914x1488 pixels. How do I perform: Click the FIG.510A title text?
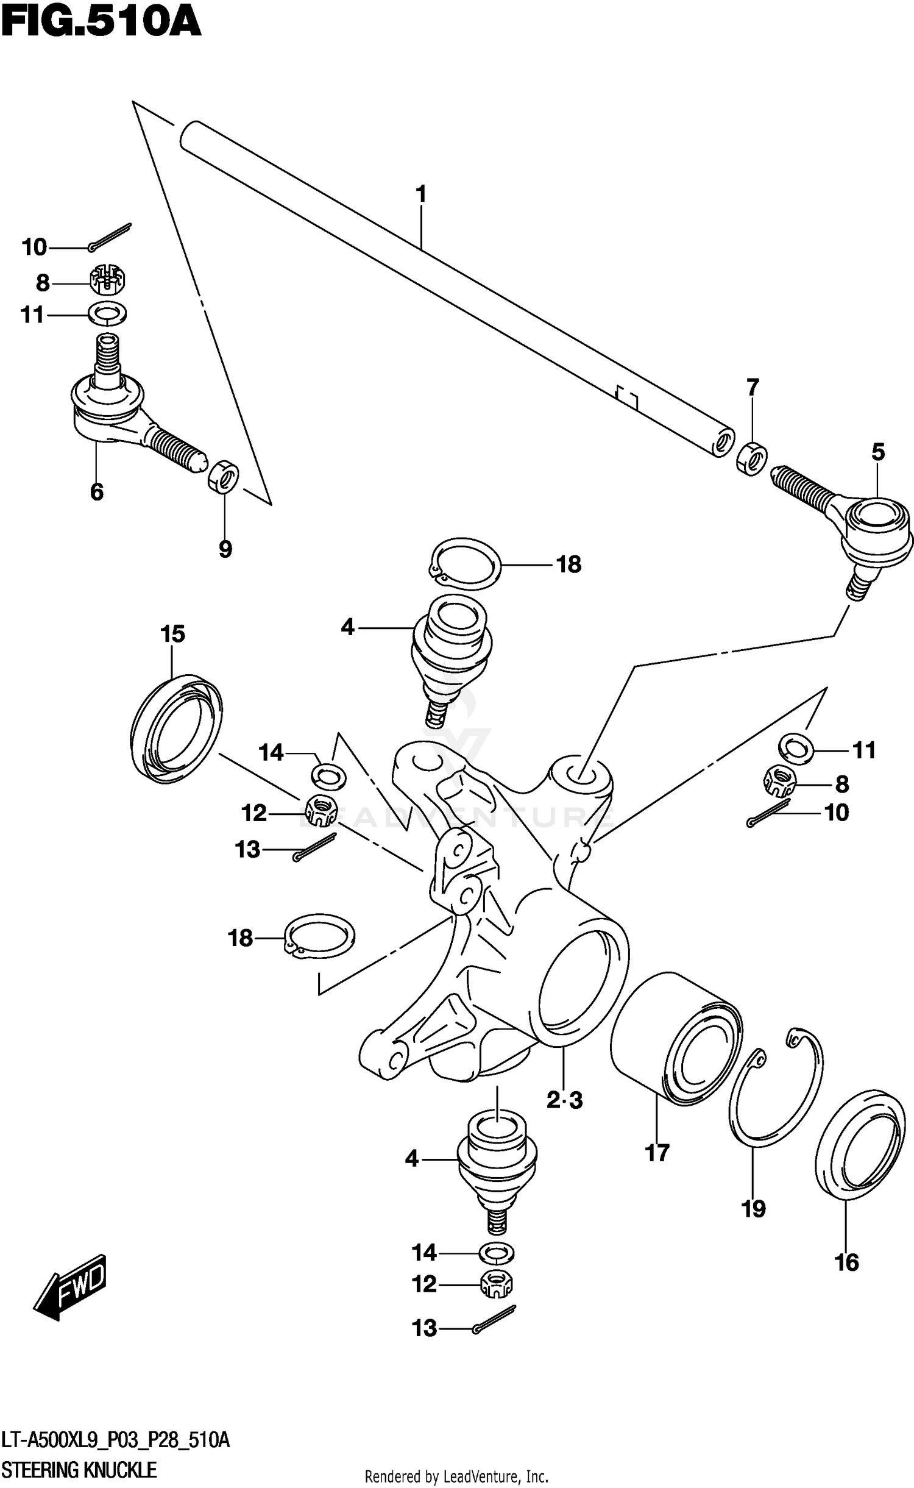tap(101, 23)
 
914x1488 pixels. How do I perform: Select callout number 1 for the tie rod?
tap(420, 194)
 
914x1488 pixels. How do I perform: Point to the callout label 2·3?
tap(564, 1100)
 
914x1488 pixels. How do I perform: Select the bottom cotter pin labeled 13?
tap(495, 1320)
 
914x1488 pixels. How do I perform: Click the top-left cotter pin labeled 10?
tap(110, 238)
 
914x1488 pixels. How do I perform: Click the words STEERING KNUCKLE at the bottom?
tap(79, 1469)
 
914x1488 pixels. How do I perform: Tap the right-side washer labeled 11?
tap(796, 748)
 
